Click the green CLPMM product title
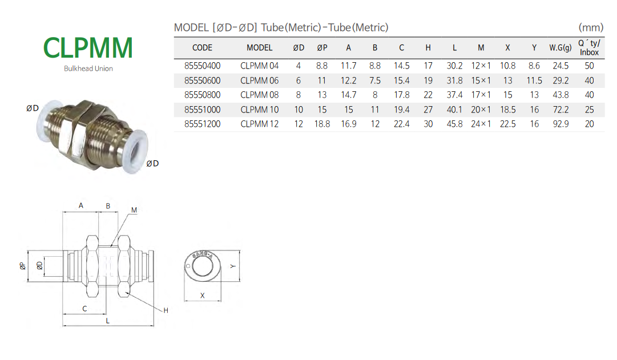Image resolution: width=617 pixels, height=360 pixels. click(x=88, y=48)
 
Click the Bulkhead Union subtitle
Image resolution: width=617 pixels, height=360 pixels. click(x=88, y=68)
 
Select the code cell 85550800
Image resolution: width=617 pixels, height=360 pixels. click(x=202, y=95)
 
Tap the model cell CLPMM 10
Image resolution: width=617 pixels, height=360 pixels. click(x=259, y=110)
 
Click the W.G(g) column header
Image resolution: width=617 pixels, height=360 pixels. click(x=560, y=47)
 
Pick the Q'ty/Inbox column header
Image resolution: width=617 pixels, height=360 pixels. click(x=589, y=47)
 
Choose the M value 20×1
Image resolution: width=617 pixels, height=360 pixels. click(x=481, y=110)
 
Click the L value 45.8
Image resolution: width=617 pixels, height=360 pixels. click(x=454, y=124)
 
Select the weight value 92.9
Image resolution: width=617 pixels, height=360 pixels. click(x=560, y=124)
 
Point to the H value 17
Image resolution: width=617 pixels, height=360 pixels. click(x=428, y=66)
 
